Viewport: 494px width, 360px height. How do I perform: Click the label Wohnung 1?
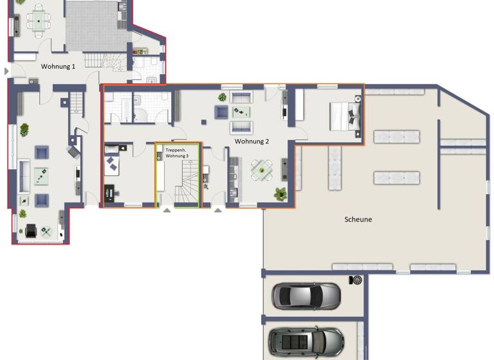(58, 66)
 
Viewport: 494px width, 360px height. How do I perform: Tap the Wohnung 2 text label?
(252, 141)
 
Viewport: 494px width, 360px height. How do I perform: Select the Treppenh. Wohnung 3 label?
(177, 153)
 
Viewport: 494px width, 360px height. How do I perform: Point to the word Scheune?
(358, 219)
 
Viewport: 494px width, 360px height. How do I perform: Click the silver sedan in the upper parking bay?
(306, 296)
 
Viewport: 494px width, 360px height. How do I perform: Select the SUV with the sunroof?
(306, 341)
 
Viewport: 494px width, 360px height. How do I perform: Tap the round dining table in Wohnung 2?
(261, 170)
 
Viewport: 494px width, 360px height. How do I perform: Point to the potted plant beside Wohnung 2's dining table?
(280, 193)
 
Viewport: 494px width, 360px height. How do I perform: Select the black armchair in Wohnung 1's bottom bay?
(31, 230)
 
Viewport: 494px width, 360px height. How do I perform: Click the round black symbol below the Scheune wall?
(356, 280)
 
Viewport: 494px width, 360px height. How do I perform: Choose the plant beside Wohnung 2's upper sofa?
(222, 97)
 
